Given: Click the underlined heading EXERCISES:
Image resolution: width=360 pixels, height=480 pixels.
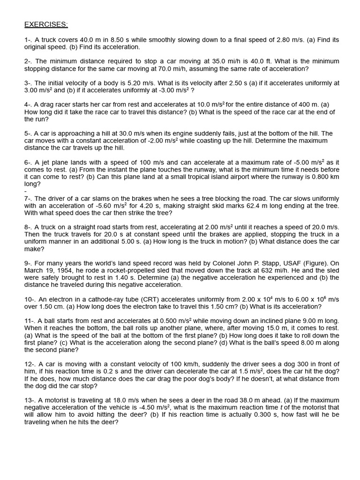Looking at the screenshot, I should tap(46, 24).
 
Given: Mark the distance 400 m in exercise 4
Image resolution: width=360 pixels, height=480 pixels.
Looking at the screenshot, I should tap(295, 105).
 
